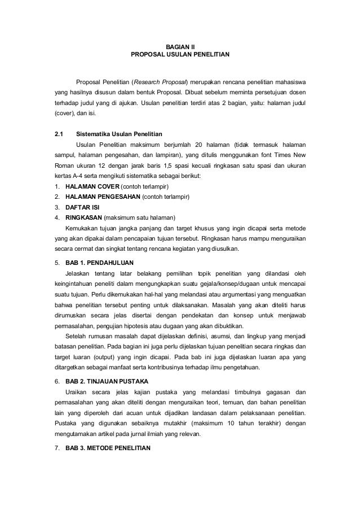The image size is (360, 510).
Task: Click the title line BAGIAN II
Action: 179,47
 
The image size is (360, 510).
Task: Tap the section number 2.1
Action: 57,134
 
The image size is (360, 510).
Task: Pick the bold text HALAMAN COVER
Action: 89,186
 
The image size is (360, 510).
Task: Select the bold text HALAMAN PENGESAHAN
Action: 99,197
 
